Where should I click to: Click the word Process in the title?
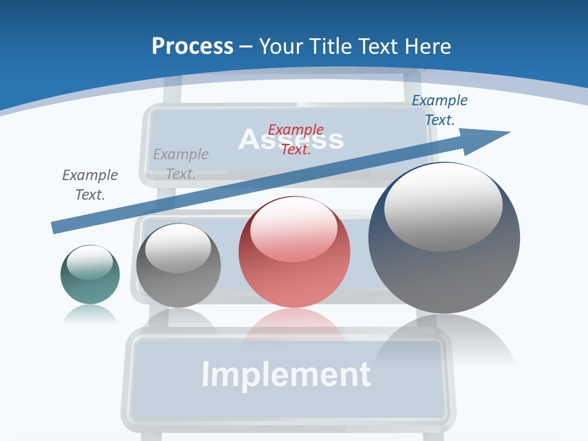point(192,46)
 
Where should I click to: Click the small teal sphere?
point(90,274)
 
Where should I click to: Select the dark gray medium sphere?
point(178,265)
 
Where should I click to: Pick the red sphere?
point(294,252)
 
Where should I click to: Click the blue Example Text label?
point(439,110)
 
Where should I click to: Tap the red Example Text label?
point(296,139)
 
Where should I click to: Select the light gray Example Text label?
point(180,164)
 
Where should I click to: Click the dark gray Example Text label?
point(89,184)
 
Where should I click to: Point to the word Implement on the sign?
point(285,374)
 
